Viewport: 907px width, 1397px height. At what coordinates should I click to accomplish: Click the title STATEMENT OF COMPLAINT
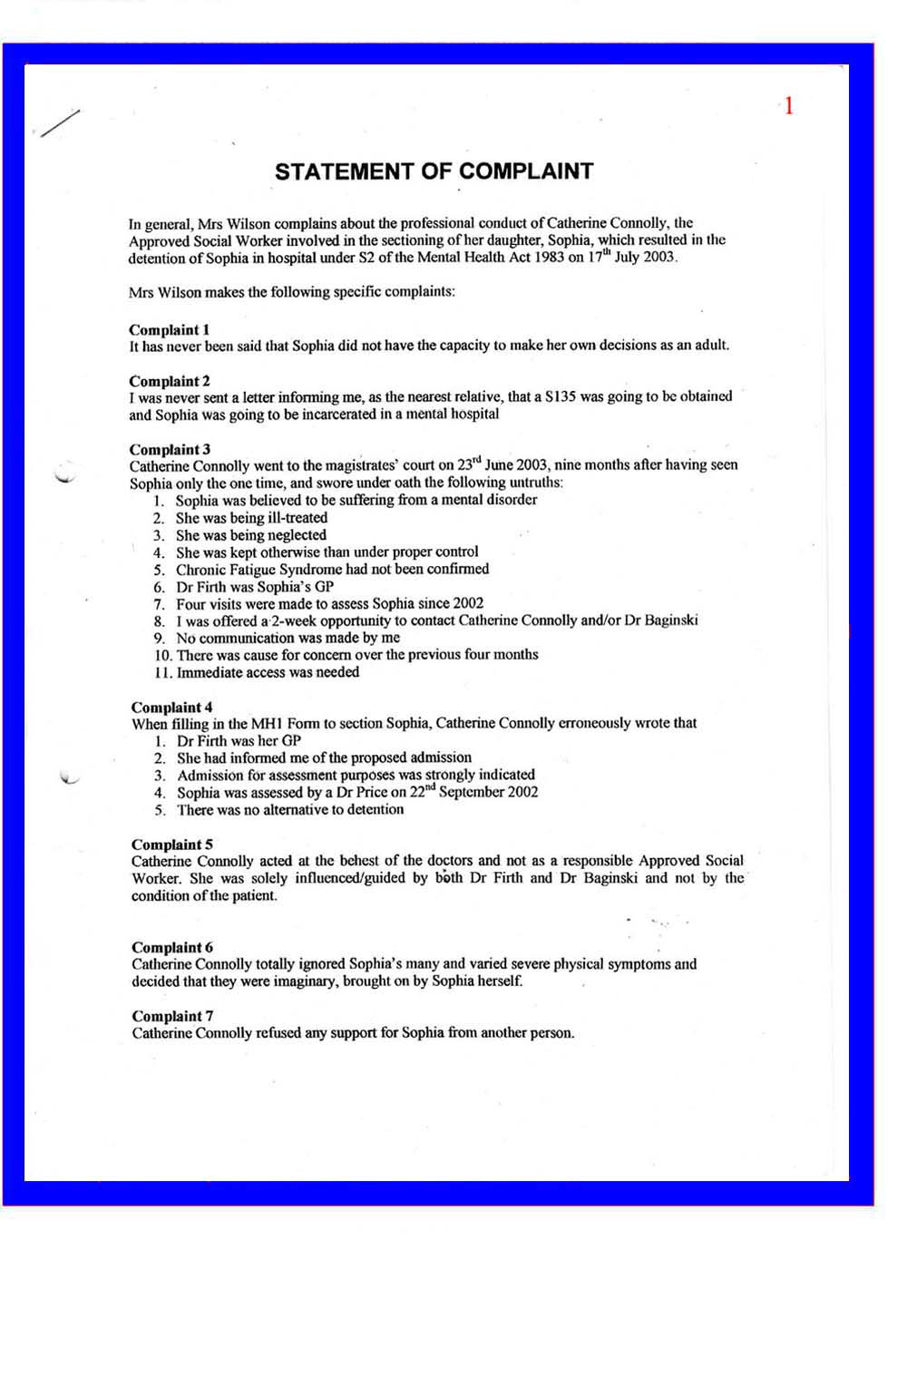tap(434, 171)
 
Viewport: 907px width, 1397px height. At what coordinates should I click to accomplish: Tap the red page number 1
tap(788, 106)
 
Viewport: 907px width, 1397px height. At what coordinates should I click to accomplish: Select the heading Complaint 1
tap(169, 329)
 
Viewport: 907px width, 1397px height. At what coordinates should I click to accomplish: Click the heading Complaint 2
tap(169, 381)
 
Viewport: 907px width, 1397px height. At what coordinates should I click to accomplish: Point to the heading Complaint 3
tap(170, 449)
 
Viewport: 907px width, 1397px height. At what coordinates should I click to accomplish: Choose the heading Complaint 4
tap(171, 707)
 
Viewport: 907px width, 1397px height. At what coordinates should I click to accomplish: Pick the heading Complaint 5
tap(171, 844)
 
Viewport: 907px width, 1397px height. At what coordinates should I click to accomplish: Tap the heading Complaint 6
tap(171, 947)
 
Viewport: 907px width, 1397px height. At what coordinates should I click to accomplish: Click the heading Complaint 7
tap(171, 1016)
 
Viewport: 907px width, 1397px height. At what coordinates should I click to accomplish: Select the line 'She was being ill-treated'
tap(251, 518)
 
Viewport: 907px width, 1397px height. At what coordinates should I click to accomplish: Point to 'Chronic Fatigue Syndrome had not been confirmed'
tap(332, 570)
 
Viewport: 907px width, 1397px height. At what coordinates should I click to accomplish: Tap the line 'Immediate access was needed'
tap(268, 672)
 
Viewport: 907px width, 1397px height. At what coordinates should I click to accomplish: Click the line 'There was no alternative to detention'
tap(290, 810)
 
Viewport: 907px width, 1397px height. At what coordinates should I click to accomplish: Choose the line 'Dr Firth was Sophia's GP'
tap(255, 587)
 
